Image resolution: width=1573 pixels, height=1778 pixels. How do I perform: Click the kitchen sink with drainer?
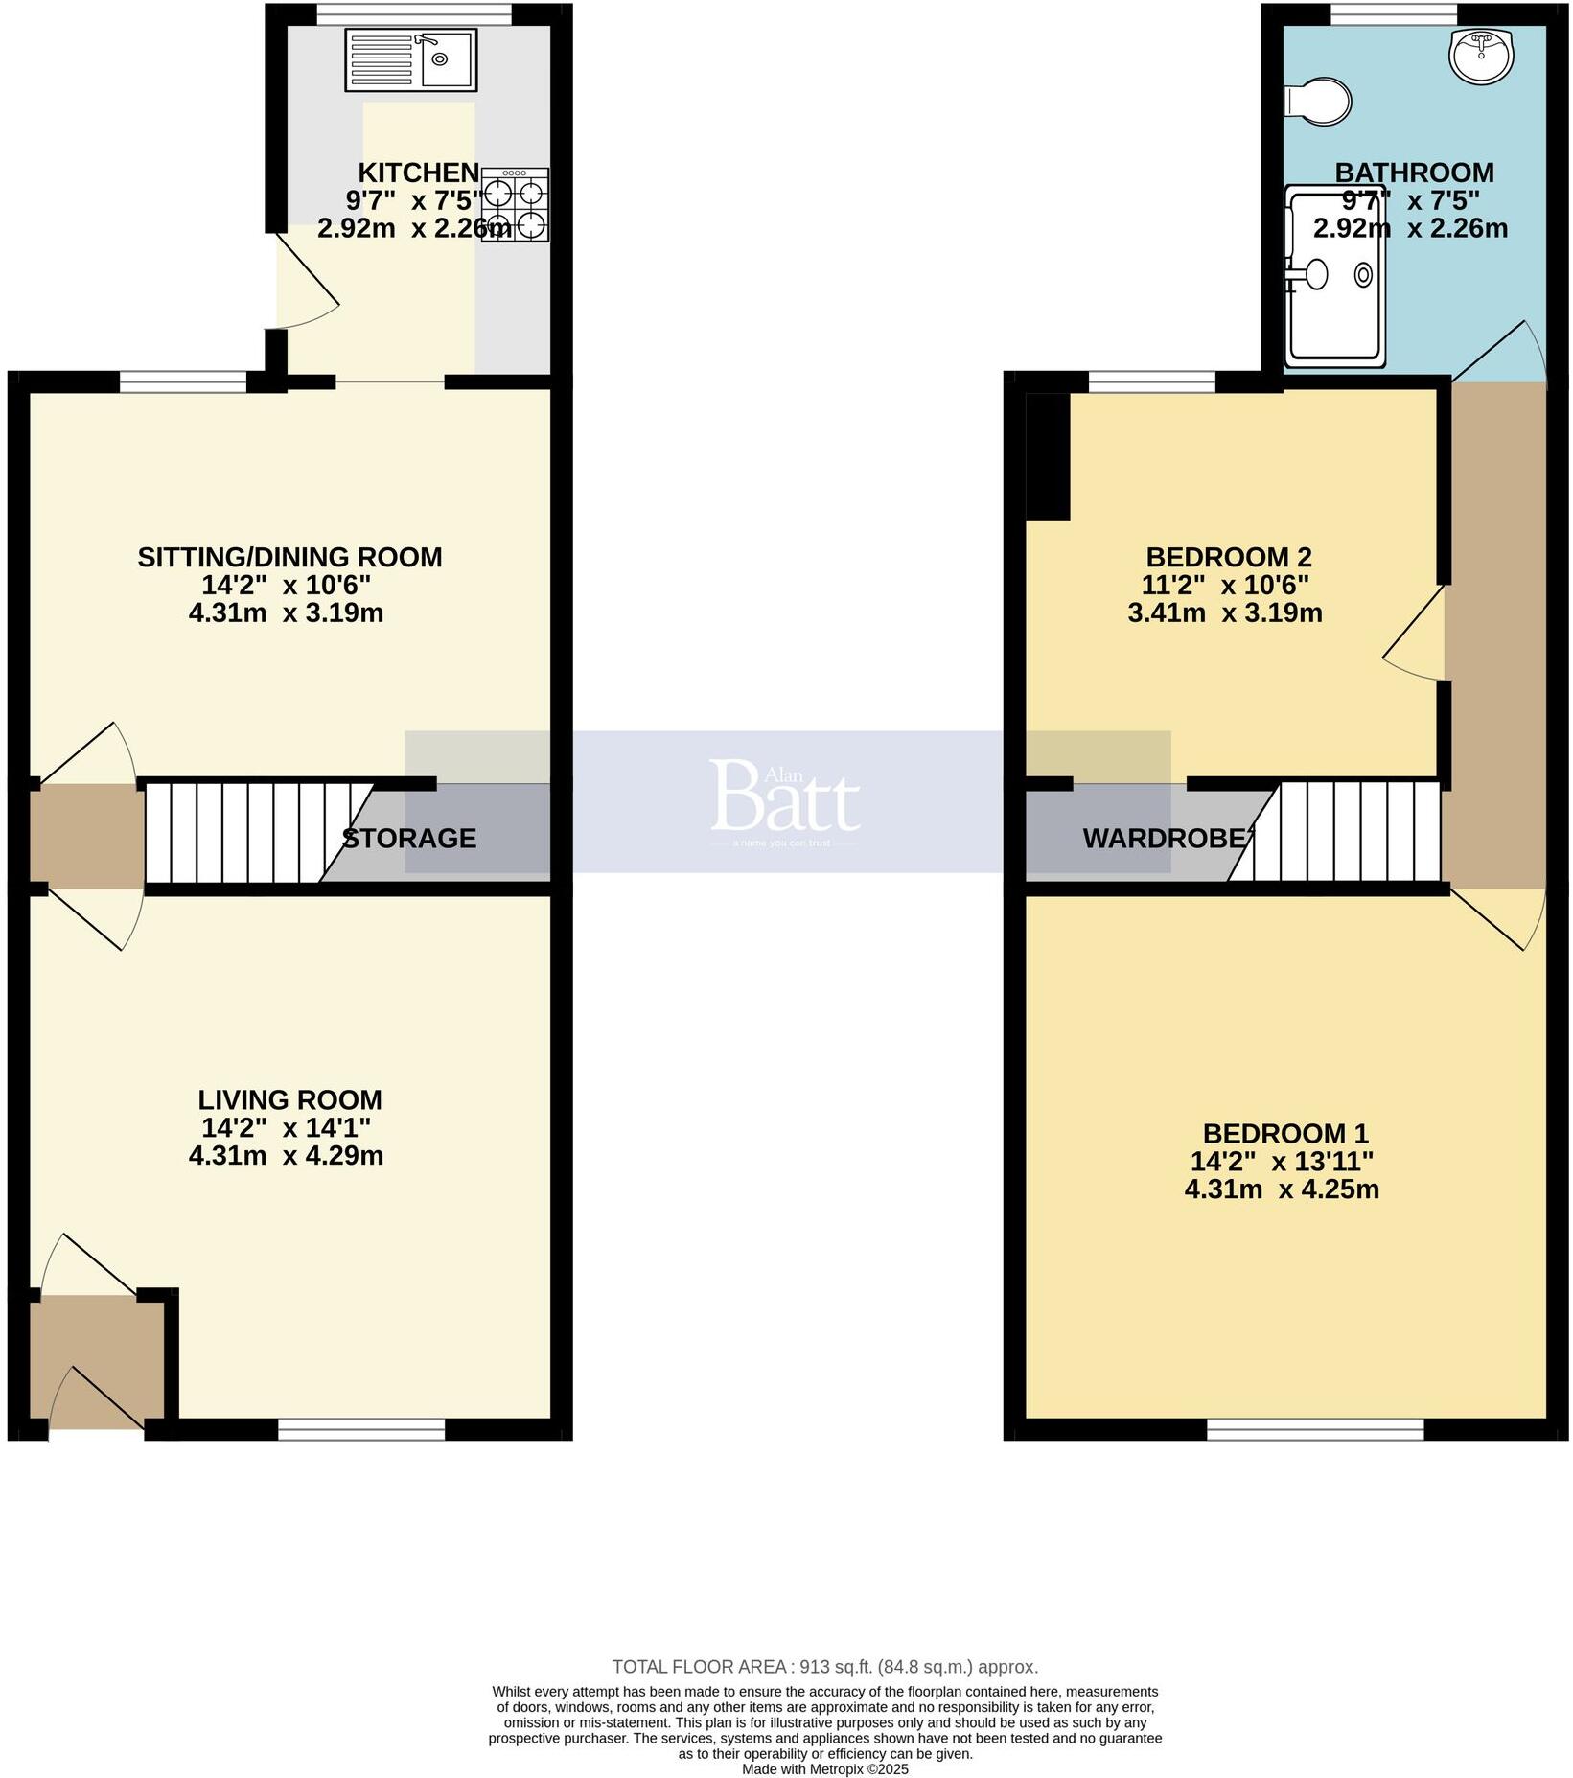click(410, 60)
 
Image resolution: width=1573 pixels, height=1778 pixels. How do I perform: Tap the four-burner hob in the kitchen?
click(516, 204)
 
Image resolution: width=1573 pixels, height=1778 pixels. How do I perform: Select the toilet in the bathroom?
click(1320, 102)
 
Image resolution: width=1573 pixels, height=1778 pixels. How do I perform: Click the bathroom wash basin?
click(1481, 55)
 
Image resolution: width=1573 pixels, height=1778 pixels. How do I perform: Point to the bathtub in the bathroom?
click(1335, 277)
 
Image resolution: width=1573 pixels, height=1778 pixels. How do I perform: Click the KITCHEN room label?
click(418, 173)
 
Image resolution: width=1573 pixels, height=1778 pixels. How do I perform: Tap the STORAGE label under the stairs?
click(409, 839)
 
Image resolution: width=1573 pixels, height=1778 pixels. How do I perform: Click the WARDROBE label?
click(1168, 839)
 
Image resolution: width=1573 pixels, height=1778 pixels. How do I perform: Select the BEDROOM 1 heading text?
click(1284, 1134)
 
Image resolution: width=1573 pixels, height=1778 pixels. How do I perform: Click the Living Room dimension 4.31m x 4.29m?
click(287, 1156)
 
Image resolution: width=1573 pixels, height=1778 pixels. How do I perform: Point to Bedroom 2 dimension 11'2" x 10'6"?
click(1225, 585)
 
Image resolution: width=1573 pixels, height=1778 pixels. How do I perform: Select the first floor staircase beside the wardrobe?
click(1347, 832)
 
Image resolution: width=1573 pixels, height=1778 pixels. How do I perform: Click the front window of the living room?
click(361, 1430)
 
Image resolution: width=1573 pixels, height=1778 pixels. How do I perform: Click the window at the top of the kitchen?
click(414, 14)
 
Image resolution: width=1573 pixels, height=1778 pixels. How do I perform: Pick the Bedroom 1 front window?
click(1314, 1430)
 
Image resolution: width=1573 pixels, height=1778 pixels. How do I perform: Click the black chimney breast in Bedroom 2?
click(1048, 456)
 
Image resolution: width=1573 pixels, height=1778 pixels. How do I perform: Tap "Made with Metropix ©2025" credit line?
click(824, 1769)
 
